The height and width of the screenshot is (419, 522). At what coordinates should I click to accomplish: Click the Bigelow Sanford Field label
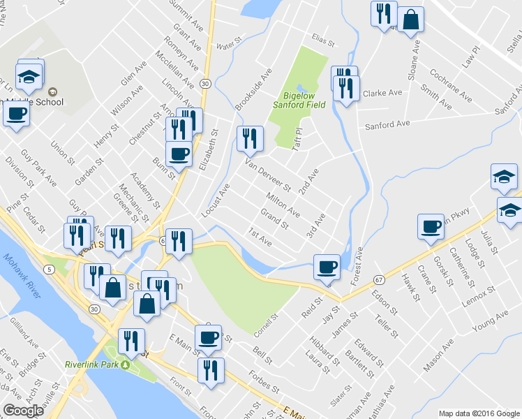(305, 100)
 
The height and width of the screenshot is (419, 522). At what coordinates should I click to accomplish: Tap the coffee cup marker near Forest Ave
(327, 267)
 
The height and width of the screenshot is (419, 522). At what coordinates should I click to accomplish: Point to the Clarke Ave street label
(382, 93)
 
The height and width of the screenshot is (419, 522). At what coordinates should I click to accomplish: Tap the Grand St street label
(274, 219)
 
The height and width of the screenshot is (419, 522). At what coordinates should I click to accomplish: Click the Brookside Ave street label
(253, 89)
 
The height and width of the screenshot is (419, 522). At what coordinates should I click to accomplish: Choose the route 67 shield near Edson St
(379, 279)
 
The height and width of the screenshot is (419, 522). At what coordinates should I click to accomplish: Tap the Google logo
(22, 411)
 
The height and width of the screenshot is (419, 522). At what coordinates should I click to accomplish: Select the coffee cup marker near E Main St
(207, 339)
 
